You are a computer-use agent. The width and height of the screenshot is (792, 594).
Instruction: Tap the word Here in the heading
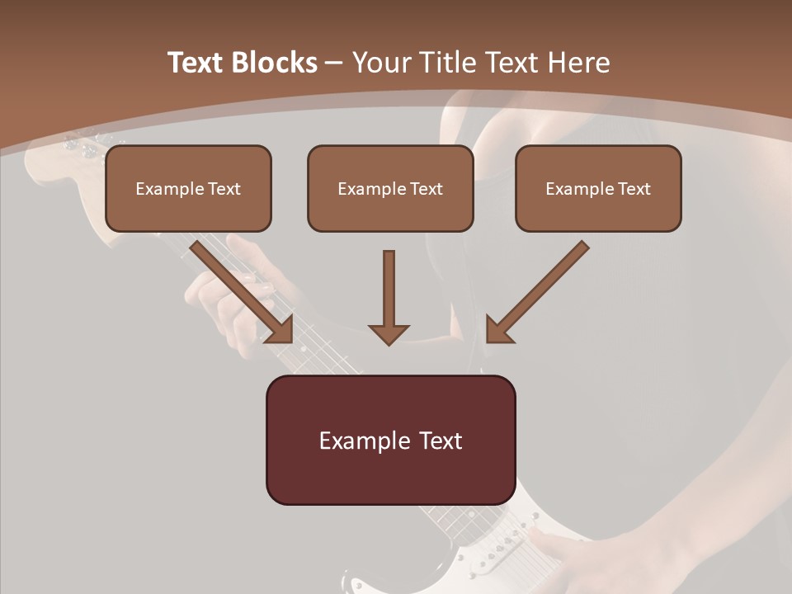[579, 63]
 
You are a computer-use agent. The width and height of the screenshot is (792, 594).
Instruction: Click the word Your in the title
[381, 63]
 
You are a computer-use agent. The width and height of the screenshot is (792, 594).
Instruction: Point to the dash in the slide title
[334, 63]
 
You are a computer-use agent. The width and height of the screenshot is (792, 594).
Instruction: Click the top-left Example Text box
[188, 188]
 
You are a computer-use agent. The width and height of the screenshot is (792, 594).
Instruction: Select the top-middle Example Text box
[390, 188]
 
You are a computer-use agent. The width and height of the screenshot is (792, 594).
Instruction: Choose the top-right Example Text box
[598, 188]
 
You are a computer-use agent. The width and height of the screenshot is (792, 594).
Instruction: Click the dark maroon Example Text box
[390, 440]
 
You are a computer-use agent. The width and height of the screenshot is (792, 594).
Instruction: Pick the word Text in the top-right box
[634, 189]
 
